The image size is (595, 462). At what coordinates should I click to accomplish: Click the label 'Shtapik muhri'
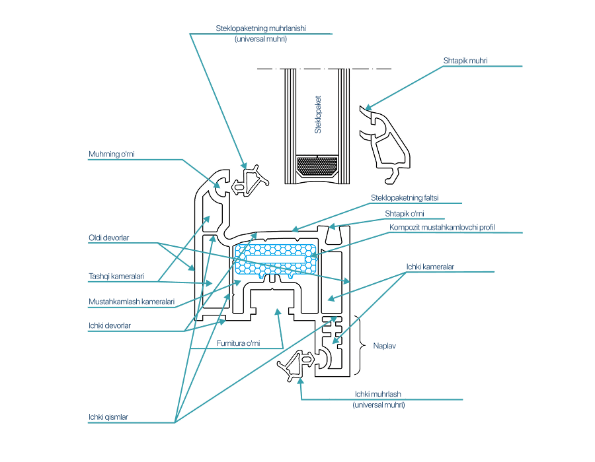click(x=465, y=61)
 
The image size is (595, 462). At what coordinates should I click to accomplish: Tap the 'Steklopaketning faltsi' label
click(x=405, y=198)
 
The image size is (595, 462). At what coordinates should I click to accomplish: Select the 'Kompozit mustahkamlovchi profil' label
click(x=442, y=227)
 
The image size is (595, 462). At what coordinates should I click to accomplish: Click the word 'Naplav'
click(x=384, y=346)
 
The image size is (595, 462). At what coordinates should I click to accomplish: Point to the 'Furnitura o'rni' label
click(x=238, y=343)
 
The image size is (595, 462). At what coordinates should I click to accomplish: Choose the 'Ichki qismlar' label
click(x=108, y=417)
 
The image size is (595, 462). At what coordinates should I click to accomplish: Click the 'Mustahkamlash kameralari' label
click(x=132, y=302)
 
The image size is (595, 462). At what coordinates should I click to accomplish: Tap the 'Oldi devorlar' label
click(x=108, y=238)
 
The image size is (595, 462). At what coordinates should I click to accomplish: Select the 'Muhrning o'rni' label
click(x=111, y=154)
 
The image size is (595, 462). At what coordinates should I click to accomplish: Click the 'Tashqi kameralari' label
click(x=116, y=277)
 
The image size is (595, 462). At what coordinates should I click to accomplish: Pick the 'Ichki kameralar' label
click(x=430, y=267)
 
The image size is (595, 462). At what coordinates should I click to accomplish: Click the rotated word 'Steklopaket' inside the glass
click(x=318, y=114)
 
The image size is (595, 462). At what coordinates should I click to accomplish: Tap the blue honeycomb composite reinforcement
click(x=276, y=259)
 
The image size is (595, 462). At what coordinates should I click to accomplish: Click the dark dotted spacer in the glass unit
click(x=317, y=166)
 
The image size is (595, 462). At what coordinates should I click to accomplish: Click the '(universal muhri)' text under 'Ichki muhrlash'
click(x=379, y=405)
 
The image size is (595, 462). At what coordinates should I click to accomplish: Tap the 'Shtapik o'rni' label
click(x=404, y=214)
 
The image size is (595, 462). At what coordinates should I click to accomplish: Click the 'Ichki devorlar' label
click(x=109, y=325)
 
